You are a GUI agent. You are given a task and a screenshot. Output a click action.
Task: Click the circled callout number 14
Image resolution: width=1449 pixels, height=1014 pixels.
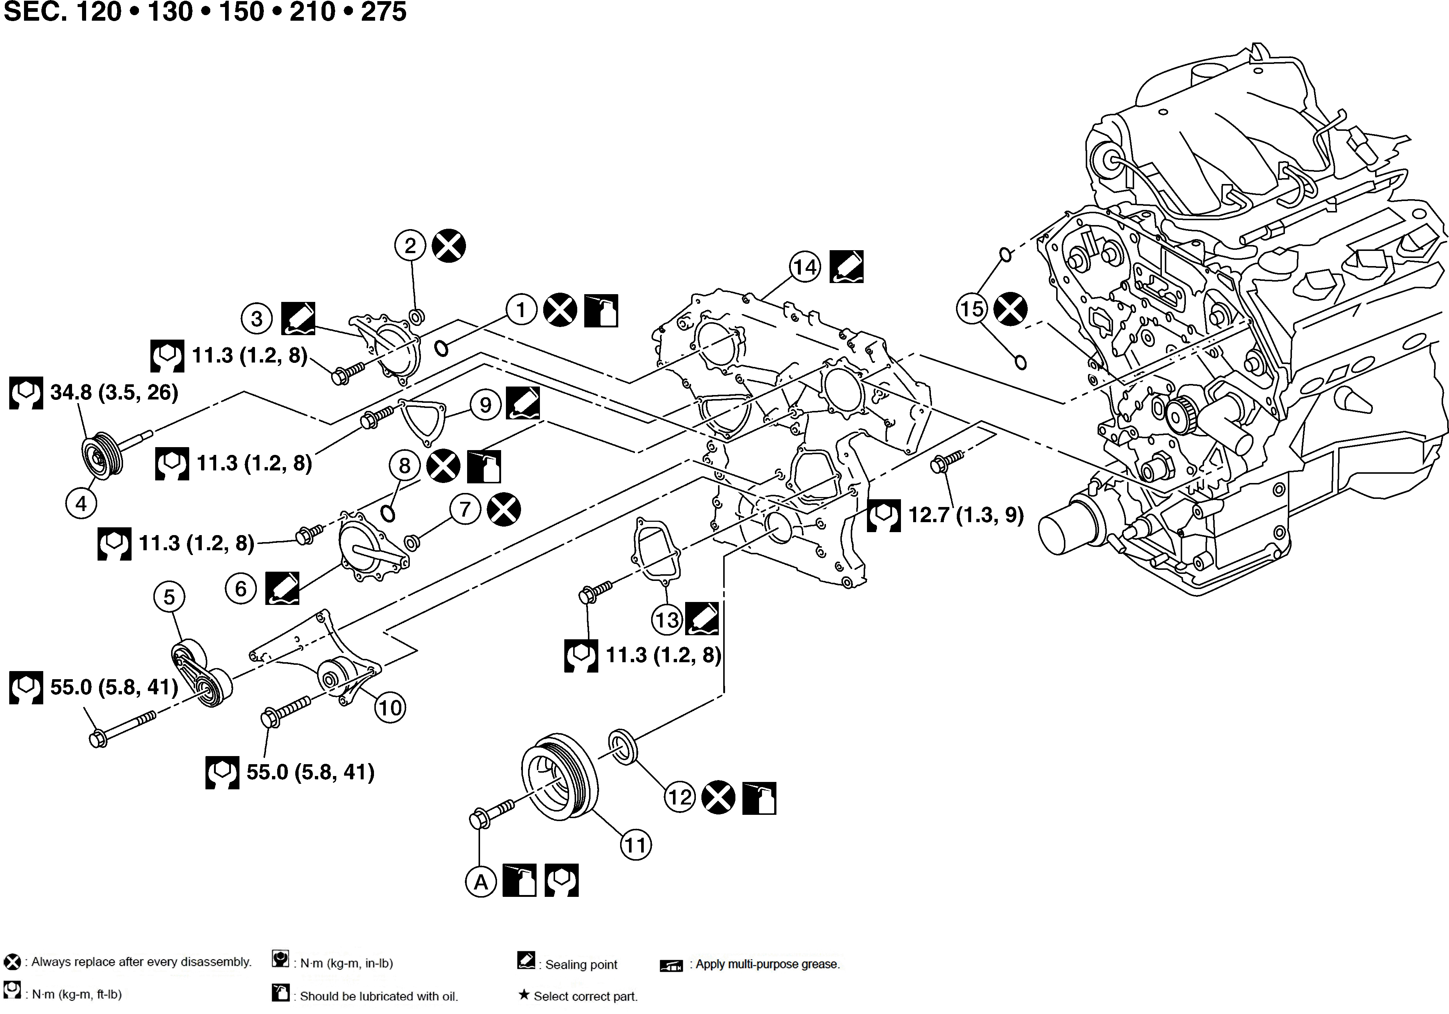click(x=805, y=267)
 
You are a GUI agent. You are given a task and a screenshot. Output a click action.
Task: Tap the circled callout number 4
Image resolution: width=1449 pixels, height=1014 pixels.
click(x=81, y=504)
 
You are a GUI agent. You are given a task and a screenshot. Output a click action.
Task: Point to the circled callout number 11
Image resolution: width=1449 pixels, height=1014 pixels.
click(x=636, y=844)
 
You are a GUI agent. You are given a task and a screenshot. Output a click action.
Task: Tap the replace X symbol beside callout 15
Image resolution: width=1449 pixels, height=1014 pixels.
click(x=1010, y=309)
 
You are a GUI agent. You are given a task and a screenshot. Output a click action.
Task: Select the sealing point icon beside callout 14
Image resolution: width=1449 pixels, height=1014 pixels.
click(x=846, y=267)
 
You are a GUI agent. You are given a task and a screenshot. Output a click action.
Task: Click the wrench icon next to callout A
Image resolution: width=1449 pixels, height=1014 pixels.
click(x=561, y=880)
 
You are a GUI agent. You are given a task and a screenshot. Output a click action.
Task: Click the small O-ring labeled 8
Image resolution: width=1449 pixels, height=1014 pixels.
click(x=388, y=513)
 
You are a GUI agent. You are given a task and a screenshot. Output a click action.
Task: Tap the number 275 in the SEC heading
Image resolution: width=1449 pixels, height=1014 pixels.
click(x=384, y=11)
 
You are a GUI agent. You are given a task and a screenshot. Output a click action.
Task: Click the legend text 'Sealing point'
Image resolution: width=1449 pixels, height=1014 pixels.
click(x=581, y=964)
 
